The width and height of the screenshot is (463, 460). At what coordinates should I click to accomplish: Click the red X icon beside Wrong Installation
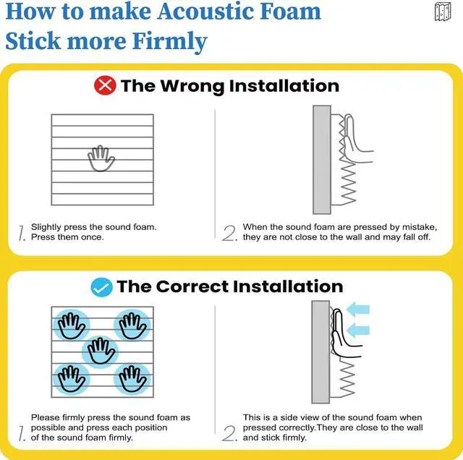coord(106,86)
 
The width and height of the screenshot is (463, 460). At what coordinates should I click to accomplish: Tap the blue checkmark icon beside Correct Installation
coord(101,286)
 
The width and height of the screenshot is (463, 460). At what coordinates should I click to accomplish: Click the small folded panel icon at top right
coord(443,12)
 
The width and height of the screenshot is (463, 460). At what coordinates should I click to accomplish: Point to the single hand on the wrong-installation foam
coord(101,158)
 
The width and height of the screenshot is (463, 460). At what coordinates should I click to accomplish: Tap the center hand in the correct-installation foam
coord(101,352)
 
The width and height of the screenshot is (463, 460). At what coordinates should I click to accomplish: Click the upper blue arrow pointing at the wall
coord(357,310)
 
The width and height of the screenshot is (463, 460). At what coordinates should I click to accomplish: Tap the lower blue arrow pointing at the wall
coord(357,331)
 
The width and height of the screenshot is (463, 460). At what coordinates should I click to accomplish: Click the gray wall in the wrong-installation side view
coord(320,158)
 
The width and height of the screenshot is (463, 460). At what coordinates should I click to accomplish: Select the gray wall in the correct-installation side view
coord(320,352)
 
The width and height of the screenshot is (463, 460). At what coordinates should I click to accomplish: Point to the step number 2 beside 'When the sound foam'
coord(229,234)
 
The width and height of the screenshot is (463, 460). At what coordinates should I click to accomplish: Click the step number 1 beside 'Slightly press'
coord(22,234)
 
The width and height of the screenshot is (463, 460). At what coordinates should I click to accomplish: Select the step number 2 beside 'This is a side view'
coord(229,433)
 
